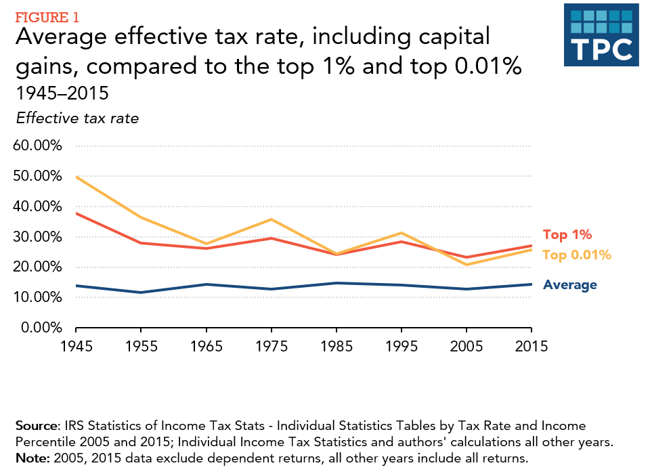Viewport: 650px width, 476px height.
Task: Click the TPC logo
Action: (601, 35)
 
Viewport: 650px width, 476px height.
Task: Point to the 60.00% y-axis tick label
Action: (39, 146)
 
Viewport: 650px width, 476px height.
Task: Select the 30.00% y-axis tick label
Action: (39, 237)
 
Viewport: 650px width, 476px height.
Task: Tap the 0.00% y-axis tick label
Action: (42, 328)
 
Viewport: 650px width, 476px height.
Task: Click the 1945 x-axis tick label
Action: (75, 346)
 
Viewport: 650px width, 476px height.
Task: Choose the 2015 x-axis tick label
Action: (531, 346)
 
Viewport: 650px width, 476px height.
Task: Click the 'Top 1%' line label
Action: (567, 235)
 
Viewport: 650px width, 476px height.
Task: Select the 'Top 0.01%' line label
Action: (577, 255)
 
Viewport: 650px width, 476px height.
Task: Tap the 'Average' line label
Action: (570, 285)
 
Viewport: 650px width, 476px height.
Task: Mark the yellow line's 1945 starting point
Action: (76, 176)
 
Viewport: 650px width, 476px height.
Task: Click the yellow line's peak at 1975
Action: (272, 219)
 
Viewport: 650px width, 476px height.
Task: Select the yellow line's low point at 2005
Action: (467, 265)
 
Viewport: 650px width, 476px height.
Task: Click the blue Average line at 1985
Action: (337, 283)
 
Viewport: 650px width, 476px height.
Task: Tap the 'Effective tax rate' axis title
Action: (77, 118)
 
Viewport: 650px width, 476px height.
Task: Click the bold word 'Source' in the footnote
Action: (35, 426)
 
